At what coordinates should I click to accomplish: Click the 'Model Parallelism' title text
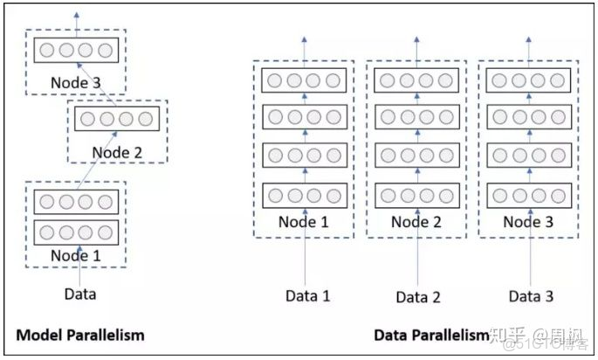point(79,335)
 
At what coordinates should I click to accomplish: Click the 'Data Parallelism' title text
point(431,335)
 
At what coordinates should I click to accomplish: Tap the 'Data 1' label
point(307,295)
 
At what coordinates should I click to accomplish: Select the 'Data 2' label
point(418,296)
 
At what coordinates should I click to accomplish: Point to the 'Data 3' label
point(531,295)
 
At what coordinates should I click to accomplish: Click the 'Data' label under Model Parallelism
point(80,294)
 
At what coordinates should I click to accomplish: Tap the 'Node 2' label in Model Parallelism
point(117,151)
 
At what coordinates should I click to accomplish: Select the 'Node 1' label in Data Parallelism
point(304,222)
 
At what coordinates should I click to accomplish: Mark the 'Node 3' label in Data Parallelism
point(530,222)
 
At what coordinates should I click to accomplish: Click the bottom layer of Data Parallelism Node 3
point(530,195)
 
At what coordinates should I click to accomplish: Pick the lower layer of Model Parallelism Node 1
point(75,232)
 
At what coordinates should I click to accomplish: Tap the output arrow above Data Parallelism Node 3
point(530,48)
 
